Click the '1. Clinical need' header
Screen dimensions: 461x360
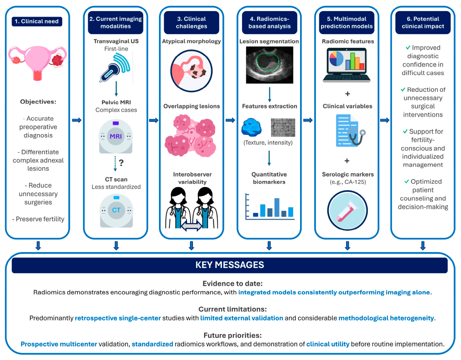(x=37, y=21)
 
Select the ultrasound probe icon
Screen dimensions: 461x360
(x=115, y=68)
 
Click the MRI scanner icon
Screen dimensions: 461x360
(x=116, y=136)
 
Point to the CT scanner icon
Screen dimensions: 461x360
(x=116, y=210)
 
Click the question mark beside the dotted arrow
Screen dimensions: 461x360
(x=121, y=163)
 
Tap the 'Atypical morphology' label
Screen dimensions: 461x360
(x=191, y=41)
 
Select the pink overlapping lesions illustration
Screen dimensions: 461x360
(x=191, y=136)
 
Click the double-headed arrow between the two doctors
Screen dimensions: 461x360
(x=191, y=226)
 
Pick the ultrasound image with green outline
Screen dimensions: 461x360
(x=270, y=65)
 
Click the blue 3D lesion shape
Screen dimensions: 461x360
(x=251, y=127)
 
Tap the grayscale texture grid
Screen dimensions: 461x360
(x=283, y=128)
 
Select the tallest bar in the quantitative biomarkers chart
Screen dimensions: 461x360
(x=277, y=207)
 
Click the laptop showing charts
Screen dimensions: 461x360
(x=347, y=65)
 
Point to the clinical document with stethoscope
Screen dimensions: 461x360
(x=350, y=131)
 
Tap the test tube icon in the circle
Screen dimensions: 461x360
(x=347, y=210)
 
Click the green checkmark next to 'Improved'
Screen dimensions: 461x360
(x=408, y=47)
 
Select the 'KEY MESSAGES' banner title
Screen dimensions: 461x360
(x=230, y=265)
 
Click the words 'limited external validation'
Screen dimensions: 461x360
(x=242, y=318)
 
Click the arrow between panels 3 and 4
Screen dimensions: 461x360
(x=230, y=120)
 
